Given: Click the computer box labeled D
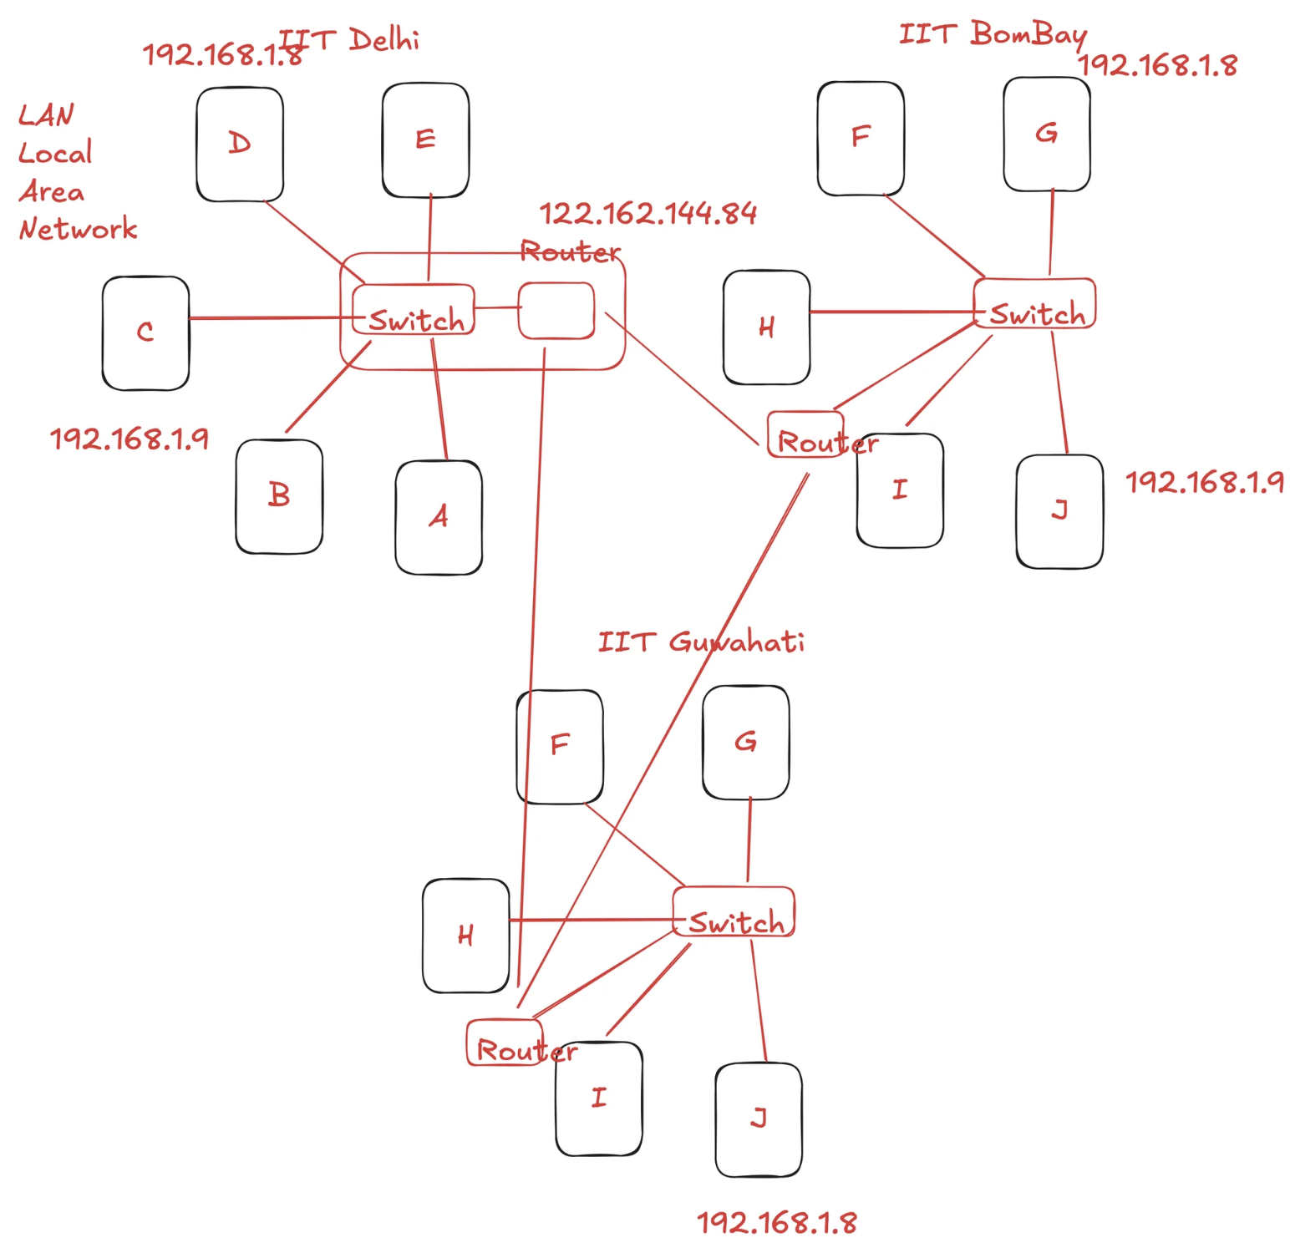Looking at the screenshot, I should click(x=240, y=144).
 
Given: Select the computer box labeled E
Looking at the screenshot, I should click(x=425, y=140).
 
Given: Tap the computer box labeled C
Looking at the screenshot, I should click(x=145, y=332).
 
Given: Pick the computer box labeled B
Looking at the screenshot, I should click(x=279, y=496).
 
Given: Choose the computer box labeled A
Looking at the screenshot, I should click(x=439, y=517).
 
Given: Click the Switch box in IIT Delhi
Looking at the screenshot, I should click(x=414, y=310).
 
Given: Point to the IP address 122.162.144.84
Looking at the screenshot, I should click(x=648, y=214).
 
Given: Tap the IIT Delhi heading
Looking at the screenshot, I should click(x=351, y=39).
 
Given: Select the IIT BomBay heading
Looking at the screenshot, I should click(x=993, y=34).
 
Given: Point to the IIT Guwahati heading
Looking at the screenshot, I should click(x=701, y=642).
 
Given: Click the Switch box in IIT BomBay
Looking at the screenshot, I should click(x=1034, y=303).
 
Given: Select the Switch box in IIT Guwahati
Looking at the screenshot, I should click(x=734, y=911).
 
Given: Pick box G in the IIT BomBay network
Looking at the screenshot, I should click(x=1047, y=134).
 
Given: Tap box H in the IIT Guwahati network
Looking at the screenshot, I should click(x=465, y=935).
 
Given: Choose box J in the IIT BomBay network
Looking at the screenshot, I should click(x=1059, y=511).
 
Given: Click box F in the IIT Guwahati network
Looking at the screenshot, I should click(x=560, y=746).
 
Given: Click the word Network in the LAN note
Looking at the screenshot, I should click(x=79, y=229).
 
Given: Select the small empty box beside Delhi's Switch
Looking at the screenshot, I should click(x=556, y=311).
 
